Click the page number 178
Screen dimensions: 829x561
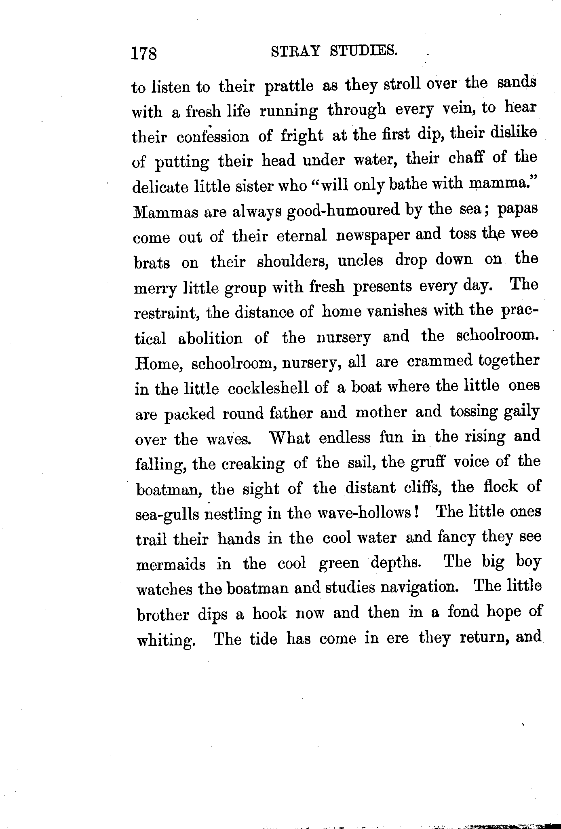coord(144,53)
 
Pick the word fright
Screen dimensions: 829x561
coord(303,137)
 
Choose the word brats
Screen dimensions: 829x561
coord(152,262)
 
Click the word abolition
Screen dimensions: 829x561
coord(210,338)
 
